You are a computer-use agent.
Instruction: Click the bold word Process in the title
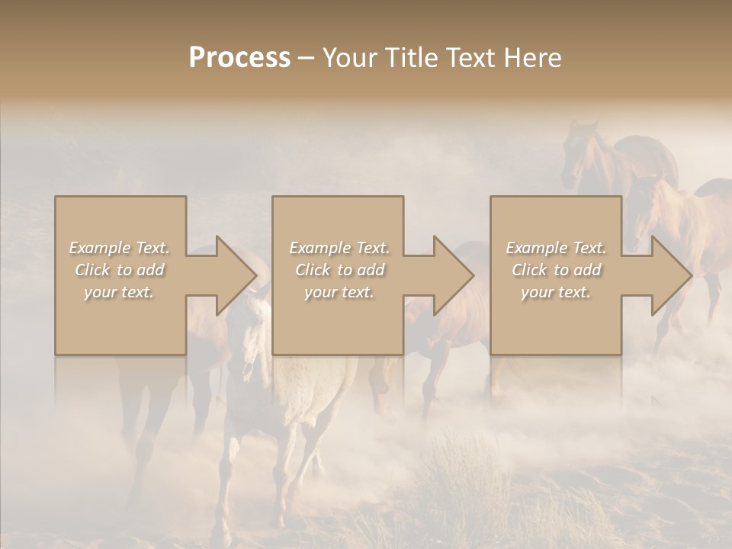tap(239, 58)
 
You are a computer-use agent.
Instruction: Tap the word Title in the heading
tap(413, 58)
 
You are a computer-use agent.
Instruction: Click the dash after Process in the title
tap(307, 59)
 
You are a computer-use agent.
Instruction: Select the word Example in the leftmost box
tap(100, 248)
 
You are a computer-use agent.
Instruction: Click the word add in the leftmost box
tap(150, 270)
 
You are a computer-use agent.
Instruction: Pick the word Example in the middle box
tap(320, 248)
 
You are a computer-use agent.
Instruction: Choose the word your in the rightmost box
tap(537, 293)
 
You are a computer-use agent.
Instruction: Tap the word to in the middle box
tap(345, 270)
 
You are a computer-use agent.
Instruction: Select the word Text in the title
tap(467, 58)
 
